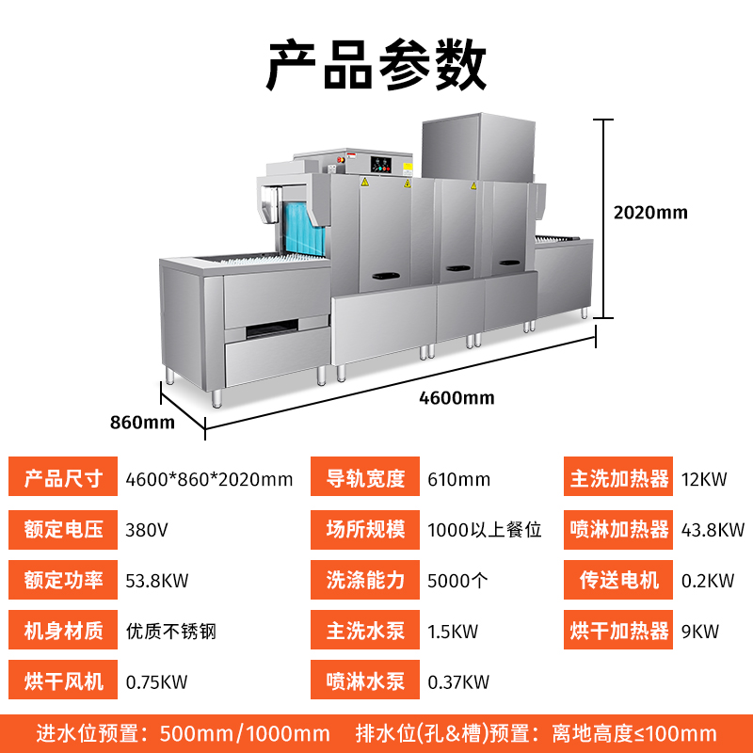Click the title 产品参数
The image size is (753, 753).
tap(376, 65)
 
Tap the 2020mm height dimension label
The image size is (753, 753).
tap(650, 213)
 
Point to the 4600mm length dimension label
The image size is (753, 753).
tap(457, 397)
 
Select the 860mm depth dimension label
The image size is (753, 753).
tap(142, 422)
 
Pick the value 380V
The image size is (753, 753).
tap(147, 530)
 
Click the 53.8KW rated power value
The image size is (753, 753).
tap(157, 581)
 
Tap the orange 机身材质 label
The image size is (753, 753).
tap(63, 630)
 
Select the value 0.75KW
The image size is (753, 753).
tap(156, 681)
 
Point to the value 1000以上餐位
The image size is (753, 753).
tap(485, 530)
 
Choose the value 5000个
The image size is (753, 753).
tap(457, 581)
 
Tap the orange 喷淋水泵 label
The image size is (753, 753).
tap(365, 680)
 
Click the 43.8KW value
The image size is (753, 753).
tap(713, 530)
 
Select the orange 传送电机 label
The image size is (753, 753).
tap(618, 580)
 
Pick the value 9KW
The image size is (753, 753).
tap(699, 632)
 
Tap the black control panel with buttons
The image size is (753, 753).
tap(380, 165)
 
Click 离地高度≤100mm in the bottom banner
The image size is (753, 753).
tap(633, 734)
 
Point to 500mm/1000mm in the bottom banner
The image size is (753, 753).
tap(245, 734)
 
